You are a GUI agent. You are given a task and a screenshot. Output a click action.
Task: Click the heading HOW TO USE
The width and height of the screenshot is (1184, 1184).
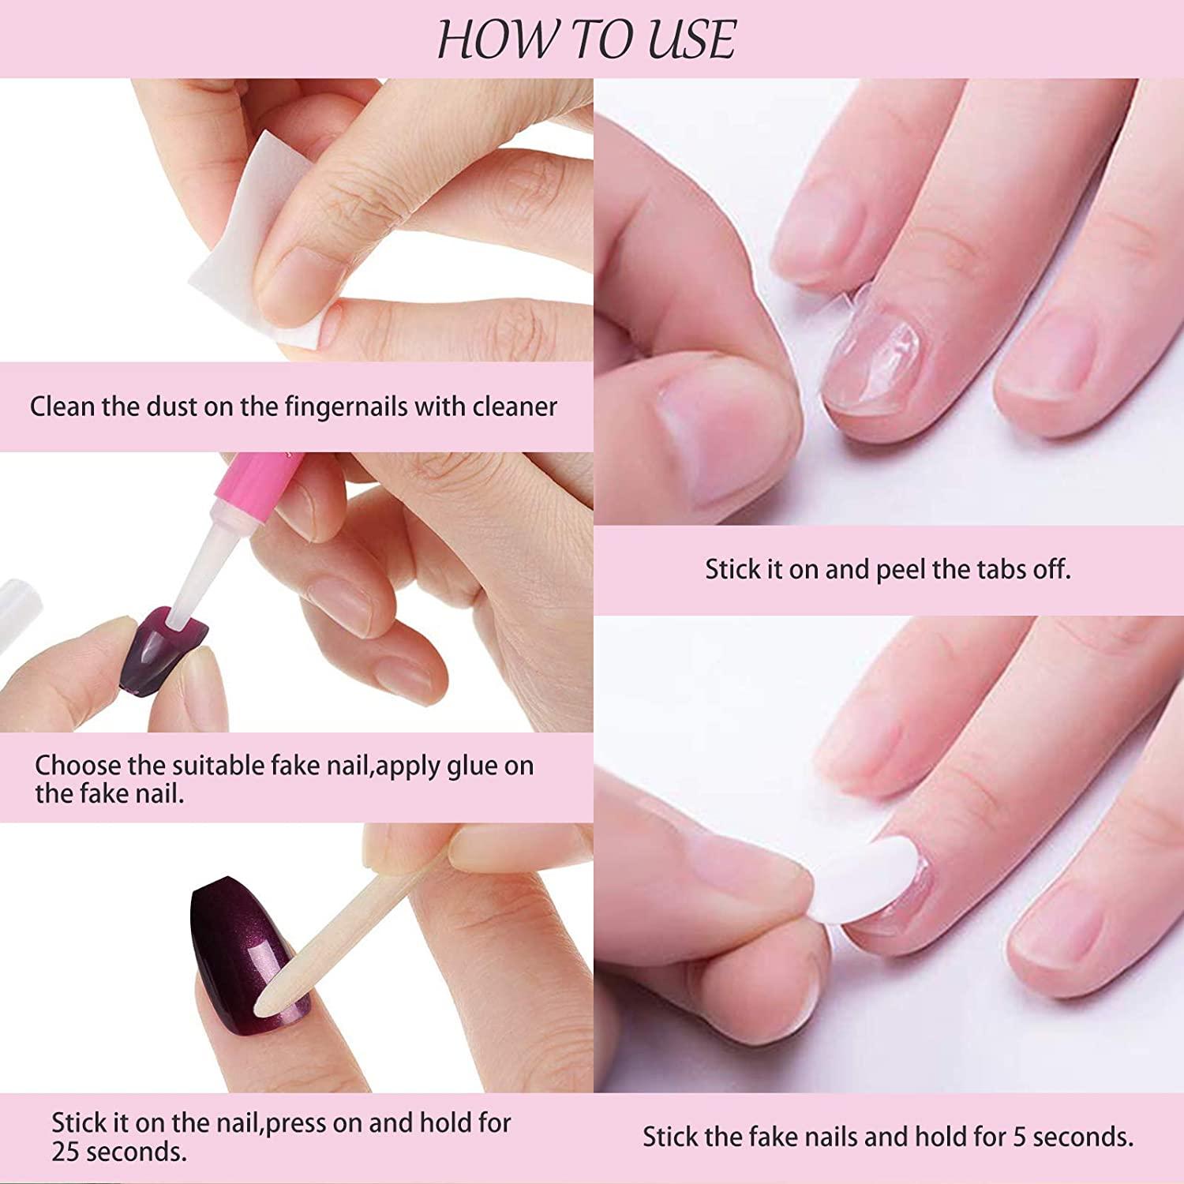[586, 39]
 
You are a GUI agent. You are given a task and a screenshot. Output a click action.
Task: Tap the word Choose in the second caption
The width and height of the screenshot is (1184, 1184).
[77, 766]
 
